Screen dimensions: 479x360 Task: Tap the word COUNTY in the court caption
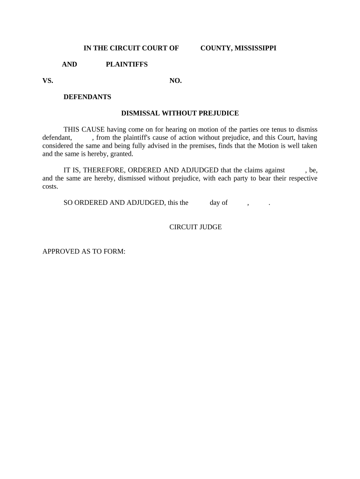pyautogui.click(x=216, y=48)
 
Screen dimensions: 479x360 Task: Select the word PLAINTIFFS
pyautogui.click(x=127, y=64)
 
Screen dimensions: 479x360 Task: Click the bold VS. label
pyautogui.click(x=48, y=80)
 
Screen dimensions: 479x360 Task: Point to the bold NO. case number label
pyautogui.click(x=175, y=80)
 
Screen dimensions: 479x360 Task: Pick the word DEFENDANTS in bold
pyautogui.click(x=87, y=97)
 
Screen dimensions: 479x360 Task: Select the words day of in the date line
pyautogui.click(x=219, y=203)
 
